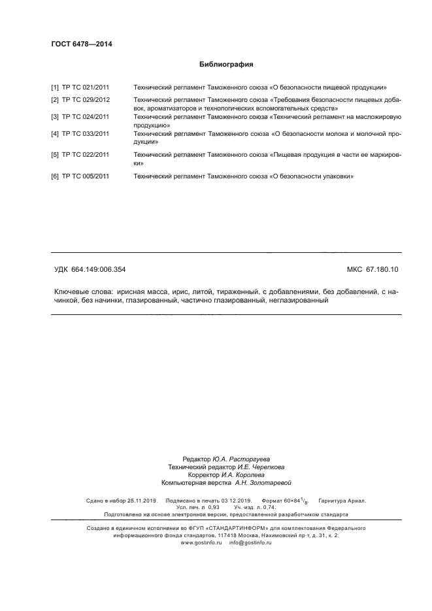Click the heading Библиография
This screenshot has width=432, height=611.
tap(225, 65)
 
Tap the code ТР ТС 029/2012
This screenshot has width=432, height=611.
tap(86, 99)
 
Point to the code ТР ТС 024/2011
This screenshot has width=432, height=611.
tap(86, 116)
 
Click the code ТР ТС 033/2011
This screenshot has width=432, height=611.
tap(86, 133)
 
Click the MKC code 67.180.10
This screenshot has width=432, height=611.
tap(386, 269)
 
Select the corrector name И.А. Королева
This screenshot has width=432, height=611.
tap(245, 475)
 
